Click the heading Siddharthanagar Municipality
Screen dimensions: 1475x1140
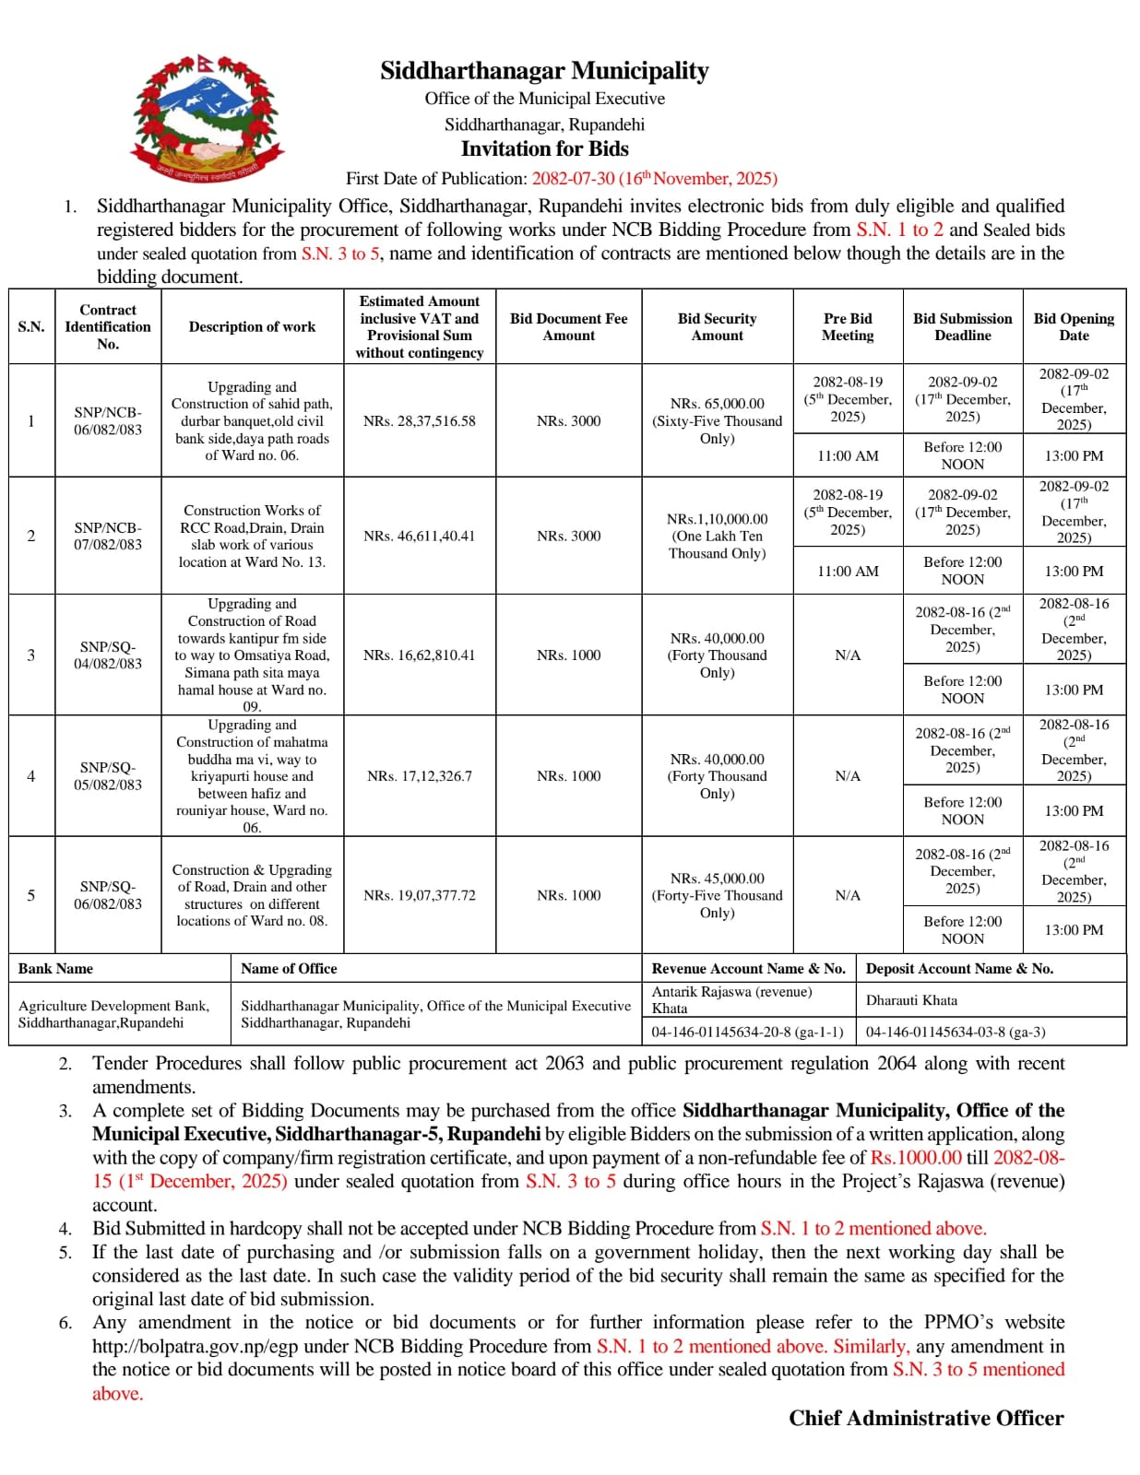pyautogui.click(x=544, y=71)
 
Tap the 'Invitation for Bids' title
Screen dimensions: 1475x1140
pyautogui.click(x=544, y=149)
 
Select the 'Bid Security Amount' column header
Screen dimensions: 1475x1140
pyautogui.click(x=717, y=327)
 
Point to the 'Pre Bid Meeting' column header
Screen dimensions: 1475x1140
pyautogui.click(x=847, y=327)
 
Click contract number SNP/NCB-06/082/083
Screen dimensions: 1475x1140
pyautogui.click(x=108, y=421)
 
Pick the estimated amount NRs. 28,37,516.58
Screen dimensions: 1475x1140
pyautogui.click(x=419, y=421)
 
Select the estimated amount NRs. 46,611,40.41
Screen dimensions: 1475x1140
pyautogui.click(x=419, y=536)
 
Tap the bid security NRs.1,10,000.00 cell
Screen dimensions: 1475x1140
pyautogui.click(x=717, y=536)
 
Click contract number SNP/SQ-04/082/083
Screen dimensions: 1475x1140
pyautogui.click(x=108, y=655)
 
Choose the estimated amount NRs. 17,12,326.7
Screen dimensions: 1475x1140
pyautogui.click(x=419, y=776)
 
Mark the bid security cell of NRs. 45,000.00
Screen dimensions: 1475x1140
pyautogui.click(x=717, y=895)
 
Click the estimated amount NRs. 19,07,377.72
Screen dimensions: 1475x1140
pyautogui.click(x=419, y=895)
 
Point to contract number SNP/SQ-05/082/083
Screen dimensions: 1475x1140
pyautogui.click(x=108, y=776)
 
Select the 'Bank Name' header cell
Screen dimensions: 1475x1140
pyautogui.click(x=56, y=969)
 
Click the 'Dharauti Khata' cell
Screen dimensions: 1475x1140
pyautogui.click(x=911, y=1000)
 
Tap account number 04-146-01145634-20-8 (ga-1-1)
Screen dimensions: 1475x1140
pyautogui.click(x=747, y=1032)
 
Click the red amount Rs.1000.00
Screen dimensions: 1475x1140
pyautogui.click(x=915, y=1158)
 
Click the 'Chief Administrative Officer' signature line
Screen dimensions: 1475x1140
pyautogui.click(x=925, y=1419)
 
